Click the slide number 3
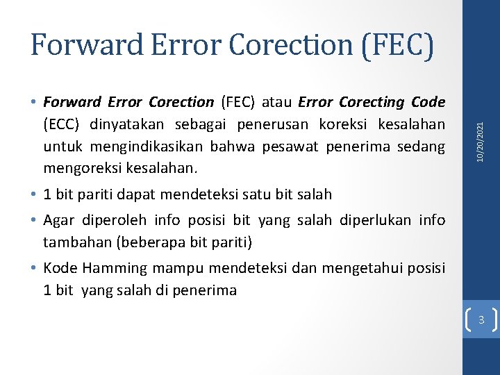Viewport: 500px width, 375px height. [x=481, y=320]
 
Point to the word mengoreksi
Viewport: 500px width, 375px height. [x=78, y=167]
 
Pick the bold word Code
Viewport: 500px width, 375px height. [x=428, y=102]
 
